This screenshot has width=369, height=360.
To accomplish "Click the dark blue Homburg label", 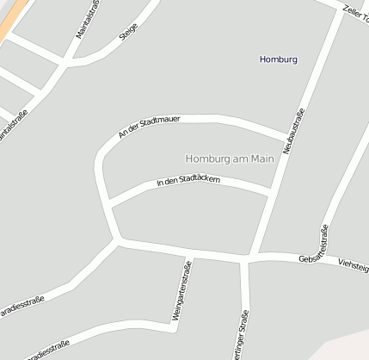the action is pos(278,59).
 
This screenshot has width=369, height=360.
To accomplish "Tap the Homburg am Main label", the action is pos(229,158).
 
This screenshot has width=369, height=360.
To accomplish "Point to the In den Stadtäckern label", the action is pos(188,181).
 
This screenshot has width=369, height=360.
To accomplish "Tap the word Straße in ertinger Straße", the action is pos(243,331).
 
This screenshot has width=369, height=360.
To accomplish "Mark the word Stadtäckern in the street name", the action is pos(200,180).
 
